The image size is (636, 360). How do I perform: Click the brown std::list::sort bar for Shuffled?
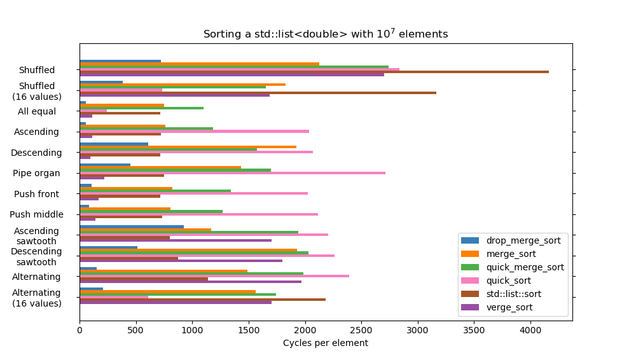point(314,72)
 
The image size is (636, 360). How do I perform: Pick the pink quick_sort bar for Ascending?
point(194,131)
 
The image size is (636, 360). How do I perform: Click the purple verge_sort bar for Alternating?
point(190,281)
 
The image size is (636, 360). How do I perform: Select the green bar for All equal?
point(141,108)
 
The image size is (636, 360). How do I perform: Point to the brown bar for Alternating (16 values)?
point(202,300)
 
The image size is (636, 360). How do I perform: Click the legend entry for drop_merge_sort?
point(523,240)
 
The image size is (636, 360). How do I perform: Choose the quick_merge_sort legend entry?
point(525,267)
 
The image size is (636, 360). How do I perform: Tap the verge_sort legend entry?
point(509,307)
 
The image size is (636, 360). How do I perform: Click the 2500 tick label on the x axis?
point(361,331)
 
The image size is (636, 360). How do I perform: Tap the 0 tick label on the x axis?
point(79,331)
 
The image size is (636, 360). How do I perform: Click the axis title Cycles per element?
point(325,343)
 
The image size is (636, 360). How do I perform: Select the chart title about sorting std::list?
point(325,34)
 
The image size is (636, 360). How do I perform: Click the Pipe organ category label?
point(36,173)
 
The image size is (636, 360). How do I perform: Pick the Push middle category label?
point(36,214)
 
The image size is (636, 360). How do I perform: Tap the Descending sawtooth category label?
point(36,256)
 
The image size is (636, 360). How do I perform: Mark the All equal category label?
point(37,111)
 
